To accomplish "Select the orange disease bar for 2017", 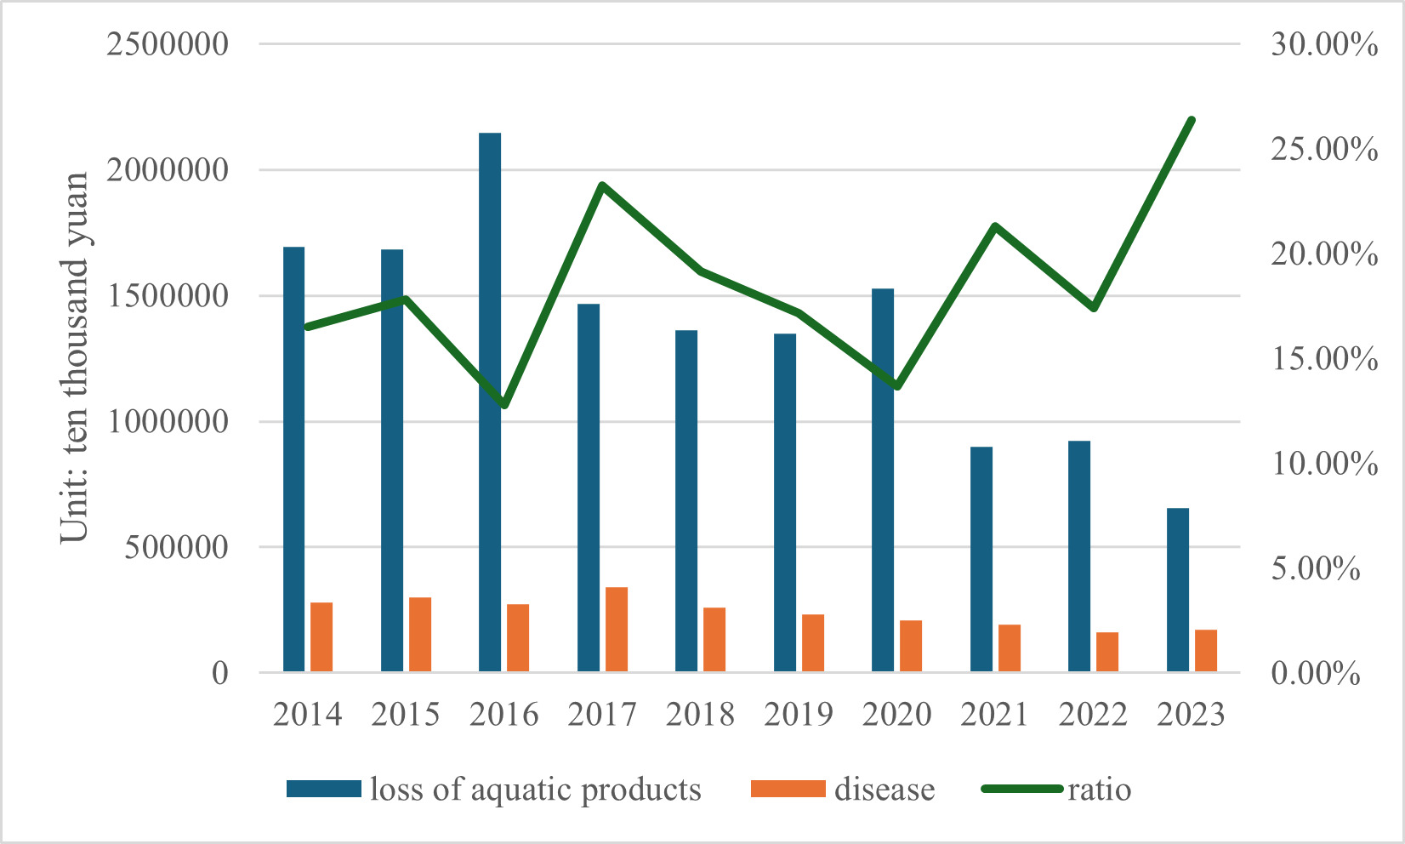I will [617, 630].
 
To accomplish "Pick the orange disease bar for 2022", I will [1107, 652].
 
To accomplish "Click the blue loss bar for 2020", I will [883, 481].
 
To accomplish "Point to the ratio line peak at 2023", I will [1192, 120].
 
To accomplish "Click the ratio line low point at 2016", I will [504, 405].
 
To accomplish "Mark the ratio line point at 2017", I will [601, 185].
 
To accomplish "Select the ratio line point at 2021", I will [995, 226].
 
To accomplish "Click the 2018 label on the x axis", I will [700, 715].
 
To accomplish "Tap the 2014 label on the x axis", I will [307, 715].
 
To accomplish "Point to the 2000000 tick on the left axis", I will [168, 170].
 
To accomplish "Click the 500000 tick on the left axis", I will [177, 547].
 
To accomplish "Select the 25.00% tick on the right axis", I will [1324, 150].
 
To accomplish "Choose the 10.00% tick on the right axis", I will [1324, 464].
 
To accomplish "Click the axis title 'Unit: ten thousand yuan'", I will [75, 357].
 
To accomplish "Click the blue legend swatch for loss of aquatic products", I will [323, 789].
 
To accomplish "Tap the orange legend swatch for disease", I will [788, 789].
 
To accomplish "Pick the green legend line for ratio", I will [1021, 789].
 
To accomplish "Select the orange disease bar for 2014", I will [321, 637].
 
